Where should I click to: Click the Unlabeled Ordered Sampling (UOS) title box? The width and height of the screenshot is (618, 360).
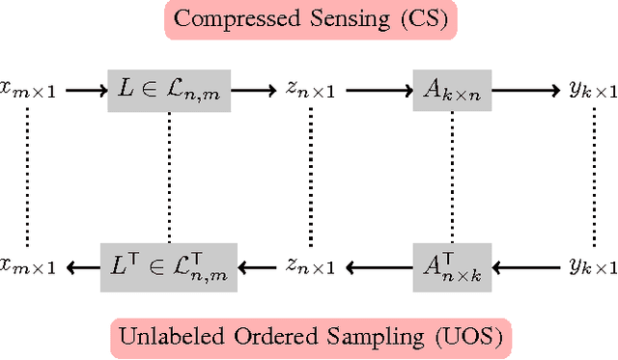pos(310,338)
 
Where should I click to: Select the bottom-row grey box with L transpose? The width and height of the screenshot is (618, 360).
pos(169,263)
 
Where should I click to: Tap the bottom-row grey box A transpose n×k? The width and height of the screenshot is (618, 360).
pos(450,263)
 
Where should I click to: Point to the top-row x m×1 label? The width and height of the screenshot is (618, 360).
pos(27,90)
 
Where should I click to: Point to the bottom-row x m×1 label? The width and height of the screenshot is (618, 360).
pos(27,263)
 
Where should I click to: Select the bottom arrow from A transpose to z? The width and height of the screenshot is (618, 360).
pos(376,263)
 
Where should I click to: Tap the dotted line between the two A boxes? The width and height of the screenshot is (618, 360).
pos(451,174)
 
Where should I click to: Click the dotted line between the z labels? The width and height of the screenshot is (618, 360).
pos(310,174)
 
